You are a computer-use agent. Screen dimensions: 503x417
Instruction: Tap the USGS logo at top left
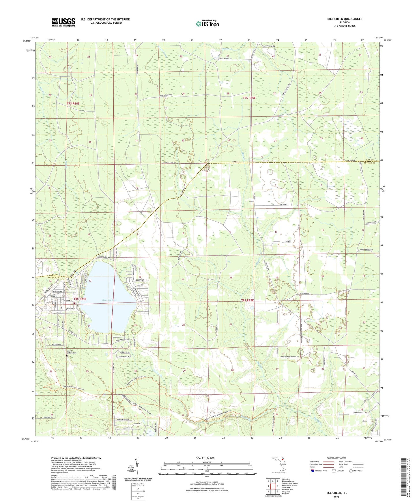pos(63,22)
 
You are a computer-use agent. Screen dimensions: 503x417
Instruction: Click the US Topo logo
pos(207,24)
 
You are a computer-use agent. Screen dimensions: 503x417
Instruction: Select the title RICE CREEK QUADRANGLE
pos(341,19)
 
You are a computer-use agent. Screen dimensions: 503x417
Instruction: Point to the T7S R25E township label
pos(249,98)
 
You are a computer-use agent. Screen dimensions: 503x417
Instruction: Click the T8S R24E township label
pos(80,299)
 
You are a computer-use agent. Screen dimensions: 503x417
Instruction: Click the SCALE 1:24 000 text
pos(207,458)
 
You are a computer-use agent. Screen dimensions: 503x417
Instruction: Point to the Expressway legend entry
pos(316,462)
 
